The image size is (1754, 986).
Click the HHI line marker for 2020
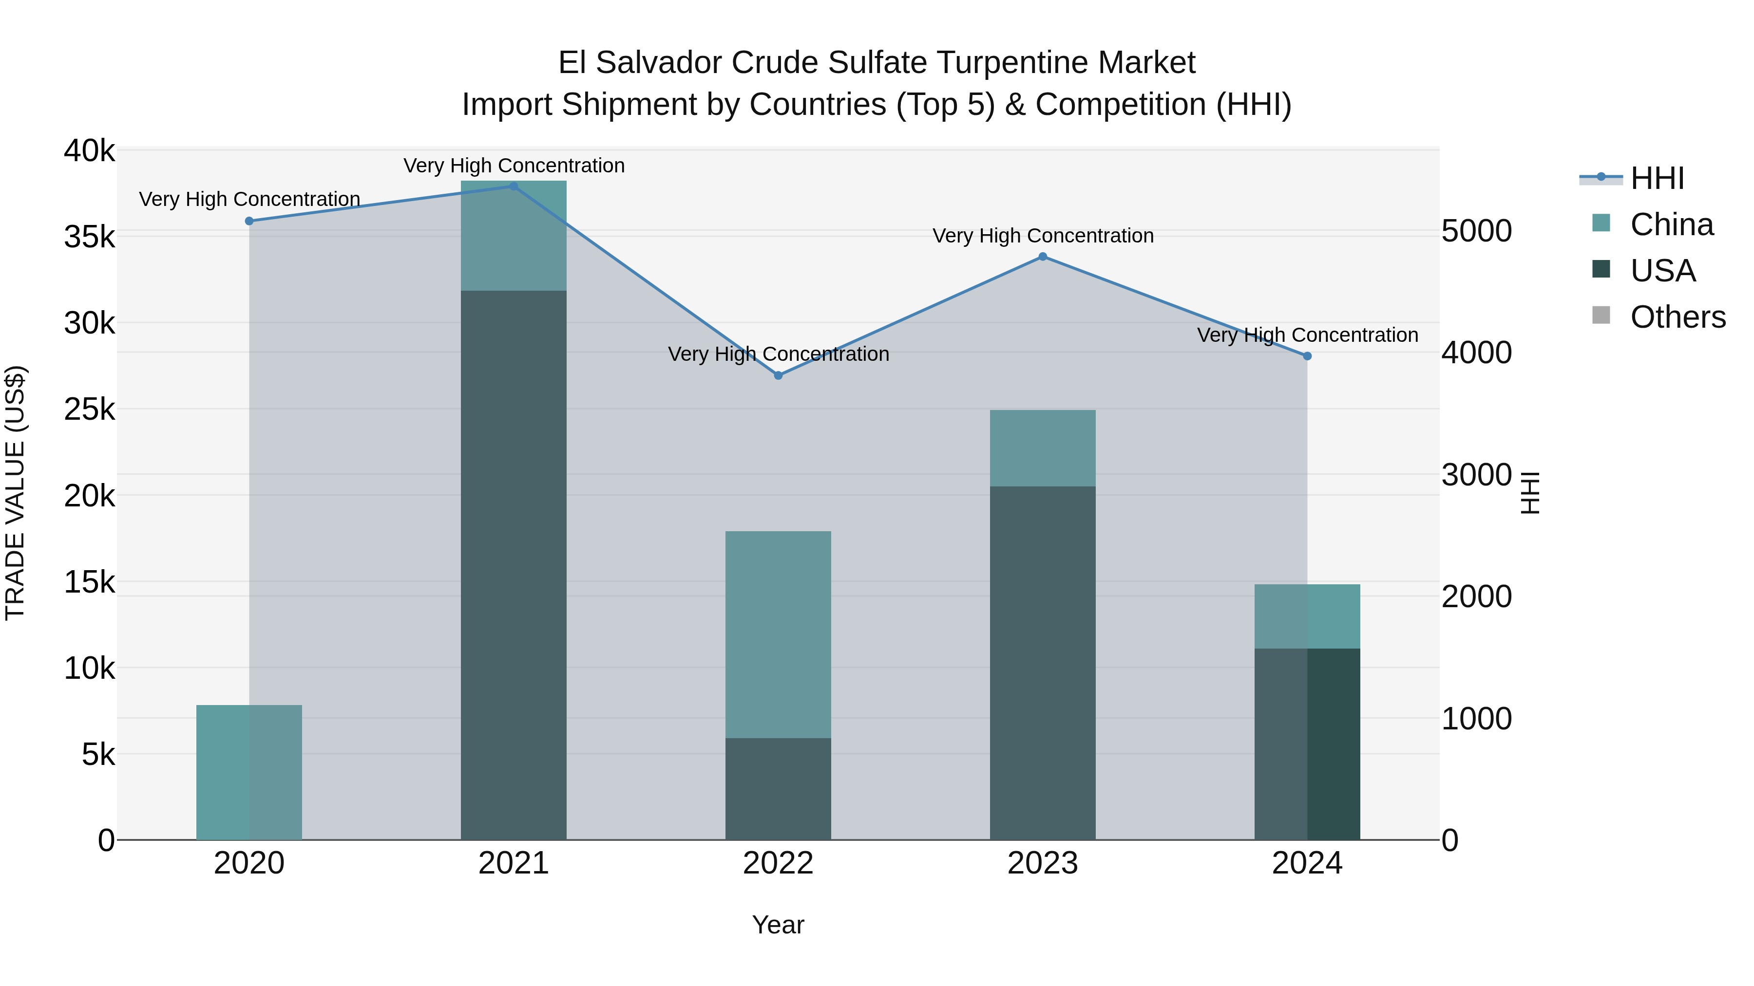pyautogui.click(x=249, y=221)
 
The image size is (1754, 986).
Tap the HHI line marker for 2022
pyautogui.click(x=778, y=375)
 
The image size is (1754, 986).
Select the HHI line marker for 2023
pyautogui.click(x=1043, y=257)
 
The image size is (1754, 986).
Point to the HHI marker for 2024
pyautogui.click(x=1307, y=356)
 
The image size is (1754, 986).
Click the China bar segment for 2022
pyautogui.click(x=778, y=634)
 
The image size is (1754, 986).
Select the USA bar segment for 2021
pyautogui.click(x=514, y=565)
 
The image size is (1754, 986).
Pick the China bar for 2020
pyautogui.click(x=249, y=772)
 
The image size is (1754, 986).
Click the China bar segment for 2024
pyautogui.click(x=1307, y=616)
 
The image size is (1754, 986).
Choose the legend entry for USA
pyautogui.click(x=1662, y=271)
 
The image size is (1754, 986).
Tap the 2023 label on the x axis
pyautogui.click(x=1043, y=863)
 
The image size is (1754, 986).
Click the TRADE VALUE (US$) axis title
pyautogui.click(x=15, y=493)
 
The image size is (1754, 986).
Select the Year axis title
pyautogui.click(x=778, y=925)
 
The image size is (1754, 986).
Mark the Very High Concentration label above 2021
pyautogui.click(x=514, y=166)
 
